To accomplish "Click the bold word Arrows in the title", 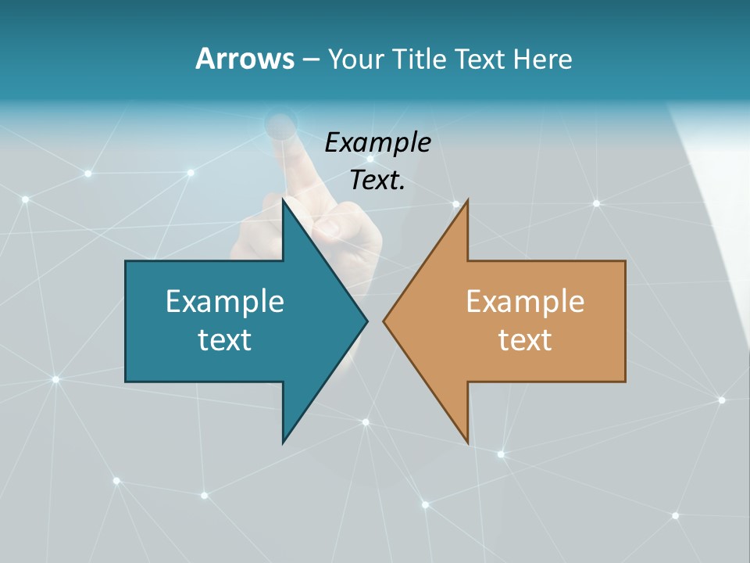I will pos(244,59).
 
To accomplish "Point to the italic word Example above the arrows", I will pos(377,142).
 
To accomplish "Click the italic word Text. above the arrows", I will pos(377,181).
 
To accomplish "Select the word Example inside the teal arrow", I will pos(225,301).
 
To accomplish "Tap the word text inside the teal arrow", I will pos(225,339).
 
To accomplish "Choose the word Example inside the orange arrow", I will pos(525,301).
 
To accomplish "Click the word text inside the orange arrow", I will pos(525,339).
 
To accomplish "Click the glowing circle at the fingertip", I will pos(280,123).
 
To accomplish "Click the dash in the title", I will pos(310,59).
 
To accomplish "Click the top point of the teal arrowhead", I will pos(283,200).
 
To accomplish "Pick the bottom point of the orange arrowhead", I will pos(468,442).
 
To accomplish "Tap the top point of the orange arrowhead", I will pos(467,201).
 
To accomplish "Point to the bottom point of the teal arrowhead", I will pos(283,442).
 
